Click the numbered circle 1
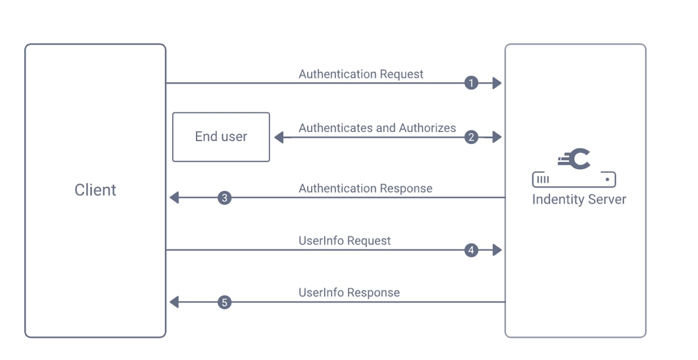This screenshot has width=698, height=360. click(x=471, y=83)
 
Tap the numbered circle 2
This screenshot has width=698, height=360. click(x=471, y=137)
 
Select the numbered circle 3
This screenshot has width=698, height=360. click(x=225, y=198)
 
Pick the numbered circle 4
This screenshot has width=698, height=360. click(x=471, y=250)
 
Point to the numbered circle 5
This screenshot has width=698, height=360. click(x=225, y=302)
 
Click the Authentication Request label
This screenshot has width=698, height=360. click(x=361, y=74)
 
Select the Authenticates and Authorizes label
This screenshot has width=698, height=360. click(x=377, y=128)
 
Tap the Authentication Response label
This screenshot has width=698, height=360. click(x=365, y=188)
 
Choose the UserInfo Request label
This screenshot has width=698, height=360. click(x=344, y=241)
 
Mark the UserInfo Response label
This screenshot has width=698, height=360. click(x=349, y=293)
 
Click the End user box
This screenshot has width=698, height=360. click(x=221, y=137)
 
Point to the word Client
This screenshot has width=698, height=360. click(x=95, y=190)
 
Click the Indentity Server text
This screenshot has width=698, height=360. click(x=579, y=199)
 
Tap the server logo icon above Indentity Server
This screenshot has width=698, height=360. click(x=574, y=169)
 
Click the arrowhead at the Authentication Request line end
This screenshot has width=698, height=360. click(x=497, y=83)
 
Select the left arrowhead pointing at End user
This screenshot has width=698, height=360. click(x=279, y=137)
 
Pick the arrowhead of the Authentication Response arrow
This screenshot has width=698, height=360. click(x=174, y=198)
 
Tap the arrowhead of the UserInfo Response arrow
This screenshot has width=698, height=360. click(x=174, y=302)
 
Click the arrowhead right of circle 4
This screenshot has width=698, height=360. click(x=497, y=250)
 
